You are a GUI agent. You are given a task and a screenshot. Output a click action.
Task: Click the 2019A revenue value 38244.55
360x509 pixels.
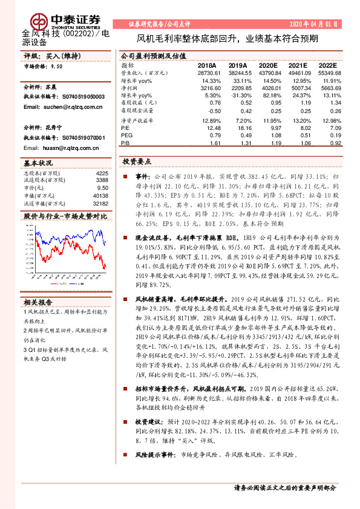click(236, 73)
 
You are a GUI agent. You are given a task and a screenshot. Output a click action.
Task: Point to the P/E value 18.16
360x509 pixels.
click(238, 128)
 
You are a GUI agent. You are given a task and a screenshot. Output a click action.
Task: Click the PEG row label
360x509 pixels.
click(126, 136)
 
